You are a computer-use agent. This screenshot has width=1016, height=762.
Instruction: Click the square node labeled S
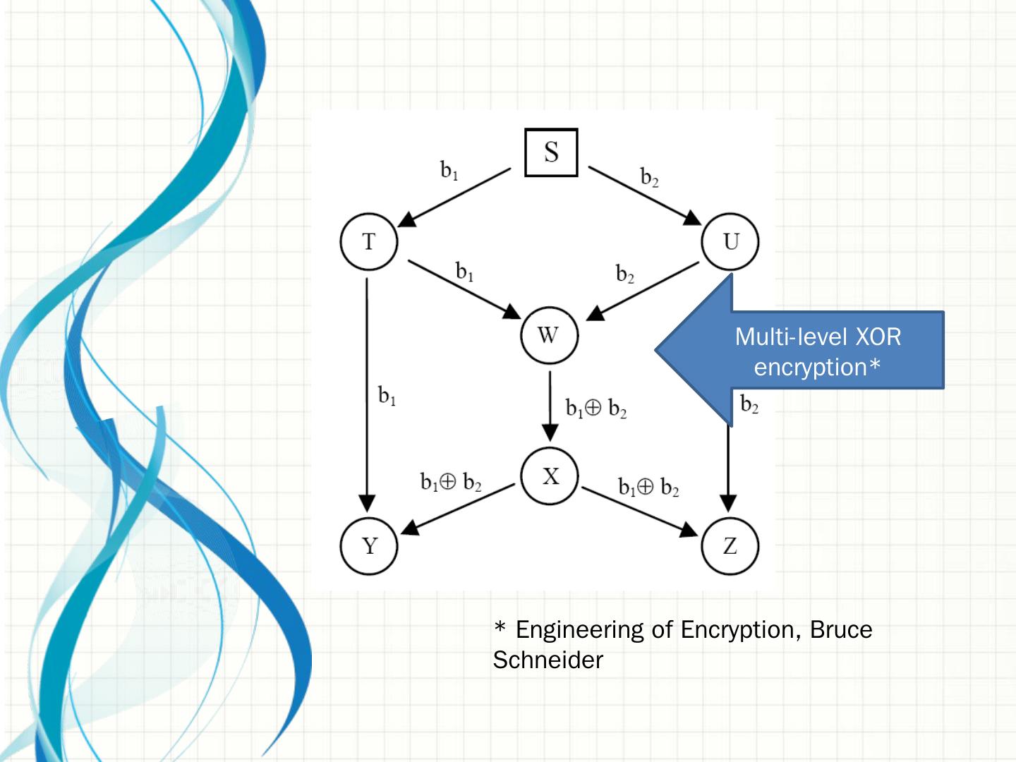coord(551,152)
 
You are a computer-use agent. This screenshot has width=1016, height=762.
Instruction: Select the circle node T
coord(369,242)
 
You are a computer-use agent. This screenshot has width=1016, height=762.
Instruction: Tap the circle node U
coord(730,242)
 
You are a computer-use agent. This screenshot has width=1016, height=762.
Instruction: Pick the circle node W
coord(549,335)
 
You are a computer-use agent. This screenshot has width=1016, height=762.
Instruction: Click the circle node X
coord(550,476)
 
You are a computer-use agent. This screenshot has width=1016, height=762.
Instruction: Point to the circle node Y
coord(369,546)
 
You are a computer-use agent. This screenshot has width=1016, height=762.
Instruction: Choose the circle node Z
coord(730,546)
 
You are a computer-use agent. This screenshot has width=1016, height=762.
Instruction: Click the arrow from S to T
coord(455,197)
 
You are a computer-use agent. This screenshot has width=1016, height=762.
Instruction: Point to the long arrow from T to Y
coord(367,395)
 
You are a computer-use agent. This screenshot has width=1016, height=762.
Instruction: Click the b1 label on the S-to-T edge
coord(449,171)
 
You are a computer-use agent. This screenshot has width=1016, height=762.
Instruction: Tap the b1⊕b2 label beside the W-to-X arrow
coord(596,409)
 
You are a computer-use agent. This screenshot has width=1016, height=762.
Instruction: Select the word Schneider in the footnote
coord(548,660)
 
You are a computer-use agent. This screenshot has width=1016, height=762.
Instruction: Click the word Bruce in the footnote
coord(840,629)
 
